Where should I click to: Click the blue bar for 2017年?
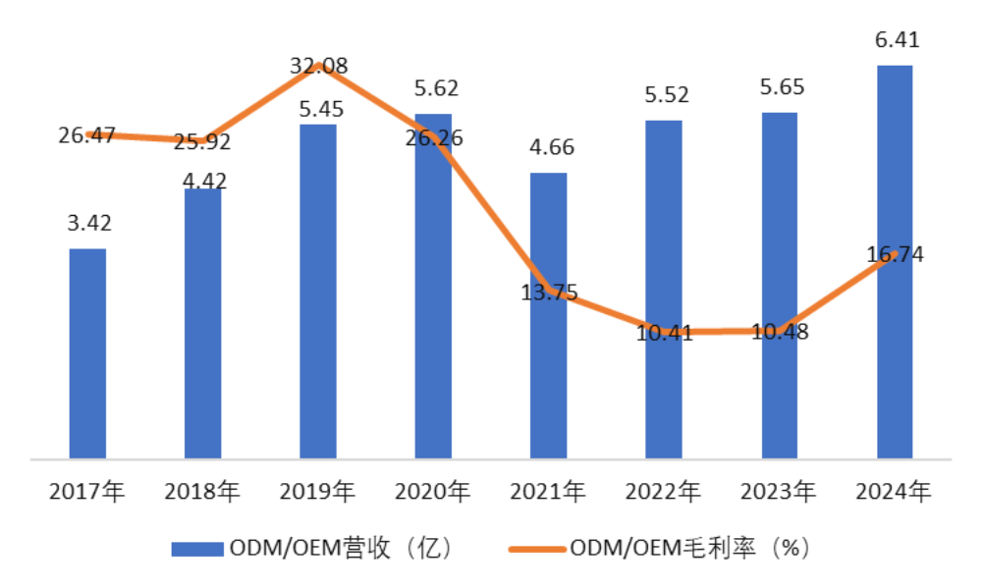click(x=87, y=353)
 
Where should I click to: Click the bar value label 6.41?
click(x=895, y=40)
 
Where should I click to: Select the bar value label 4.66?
click(x=550, y=148)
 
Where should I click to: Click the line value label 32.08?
click(x=319, y=67)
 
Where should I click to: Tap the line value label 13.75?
click(x=551, y=293)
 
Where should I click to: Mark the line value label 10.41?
click(x=665, y=333)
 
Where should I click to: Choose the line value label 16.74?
click(x=895, y=255)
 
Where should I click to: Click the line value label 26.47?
click(x=88, y=135)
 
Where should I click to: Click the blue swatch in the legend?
click(x=198, y=549)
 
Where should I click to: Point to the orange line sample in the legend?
click(x=534, y=549)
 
